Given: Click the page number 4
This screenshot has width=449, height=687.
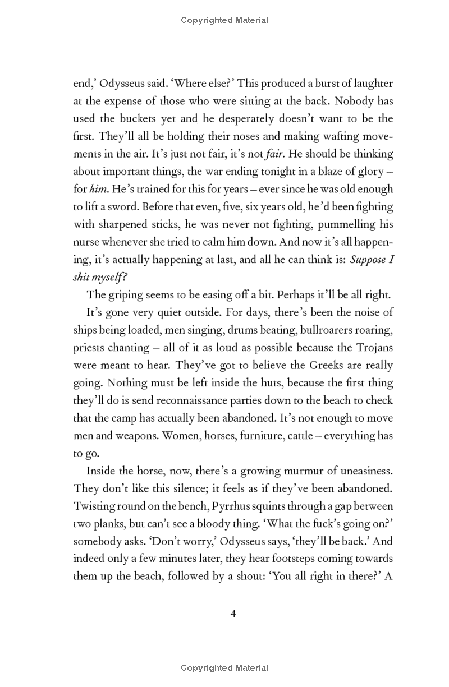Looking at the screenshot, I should coord(233,614).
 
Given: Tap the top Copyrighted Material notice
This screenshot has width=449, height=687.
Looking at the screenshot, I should coord(224,20).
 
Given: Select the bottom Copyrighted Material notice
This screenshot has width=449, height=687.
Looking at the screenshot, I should coord(224,667).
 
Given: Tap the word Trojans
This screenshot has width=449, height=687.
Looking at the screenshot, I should coord(373,347).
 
